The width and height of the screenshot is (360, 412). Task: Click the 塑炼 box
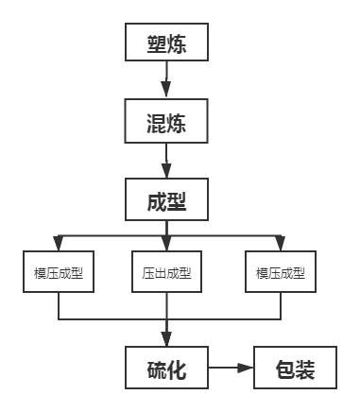tap(166, 43)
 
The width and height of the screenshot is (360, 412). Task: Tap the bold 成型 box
tap(166, 201)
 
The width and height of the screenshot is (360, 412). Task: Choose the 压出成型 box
tap(166, 272)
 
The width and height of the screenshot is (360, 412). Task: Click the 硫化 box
tap(166, 367)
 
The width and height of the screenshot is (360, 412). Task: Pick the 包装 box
tap(295, 367)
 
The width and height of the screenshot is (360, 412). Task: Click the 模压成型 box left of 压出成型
tap(59, 272)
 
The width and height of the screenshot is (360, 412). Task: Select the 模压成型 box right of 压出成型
tap(280, 272)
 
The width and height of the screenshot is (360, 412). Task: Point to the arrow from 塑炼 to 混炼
tap(166, 81)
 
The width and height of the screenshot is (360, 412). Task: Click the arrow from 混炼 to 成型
tap(166, 161)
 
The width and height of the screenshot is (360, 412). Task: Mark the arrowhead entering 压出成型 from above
tap(166, 246)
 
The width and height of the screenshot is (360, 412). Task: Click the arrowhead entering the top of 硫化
tap(166, 341)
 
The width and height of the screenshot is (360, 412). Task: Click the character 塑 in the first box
tap(155, 44)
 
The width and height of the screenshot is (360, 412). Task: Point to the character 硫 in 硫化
tap(155, 368)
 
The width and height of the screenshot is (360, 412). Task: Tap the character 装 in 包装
tap(306, 368)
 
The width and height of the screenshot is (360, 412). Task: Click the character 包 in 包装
tap(283, 368)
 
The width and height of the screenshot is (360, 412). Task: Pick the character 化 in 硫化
tap(178, 368)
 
